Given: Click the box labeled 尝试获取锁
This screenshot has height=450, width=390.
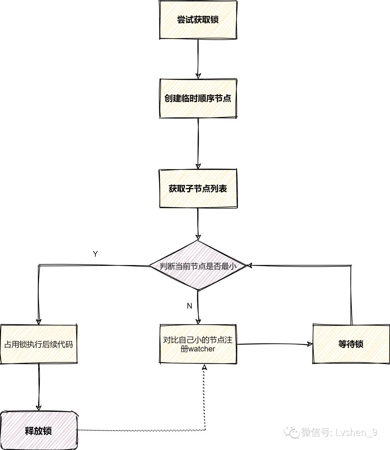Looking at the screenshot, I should [x=198, y=20].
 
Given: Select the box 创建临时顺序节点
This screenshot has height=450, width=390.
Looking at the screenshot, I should [x=198, y=98].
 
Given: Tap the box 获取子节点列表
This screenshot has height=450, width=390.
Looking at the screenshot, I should [x=198, y=188].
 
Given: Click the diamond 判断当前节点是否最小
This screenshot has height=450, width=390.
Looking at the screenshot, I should [x=198, y=266].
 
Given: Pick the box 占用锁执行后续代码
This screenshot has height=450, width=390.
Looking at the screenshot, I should [x=39, y=344].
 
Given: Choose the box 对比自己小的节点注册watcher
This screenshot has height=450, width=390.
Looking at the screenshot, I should [x=198, y=344].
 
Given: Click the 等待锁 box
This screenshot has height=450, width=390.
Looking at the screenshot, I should [x=351, y=344].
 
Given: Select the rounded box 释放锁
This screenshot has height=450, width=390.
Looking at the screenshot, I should [x=39, y=431].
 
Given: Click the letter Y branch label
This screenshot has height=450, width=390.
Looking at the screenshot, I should [x=95, y=254].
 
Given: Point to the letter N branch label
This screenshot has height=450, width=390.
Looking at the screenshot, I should [x=189, y=306].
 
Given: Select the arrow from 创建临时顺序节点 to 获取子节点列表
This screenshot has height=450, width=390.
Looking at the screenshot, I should [x=198, y=143].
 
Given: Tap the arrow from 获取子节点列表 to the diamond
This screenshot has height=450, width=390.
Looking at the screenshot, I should [x=198, y=224].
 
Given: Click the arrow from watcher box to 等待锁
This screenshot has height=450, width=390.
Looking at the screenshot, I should [x=274, y=344].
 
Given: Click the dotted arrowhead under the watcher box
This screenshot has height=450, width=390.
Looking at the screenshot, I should [x=205, y=367].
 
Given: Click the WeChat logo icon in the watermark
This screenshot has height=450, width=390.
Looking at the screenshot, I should [x=292, y=432].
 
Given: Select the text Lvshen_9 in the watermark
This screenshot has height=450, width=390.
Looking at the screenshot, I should [x=356, y=432].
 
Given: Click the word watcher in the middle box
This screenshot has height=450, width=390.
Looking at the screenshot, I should [x=202, y=349].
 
